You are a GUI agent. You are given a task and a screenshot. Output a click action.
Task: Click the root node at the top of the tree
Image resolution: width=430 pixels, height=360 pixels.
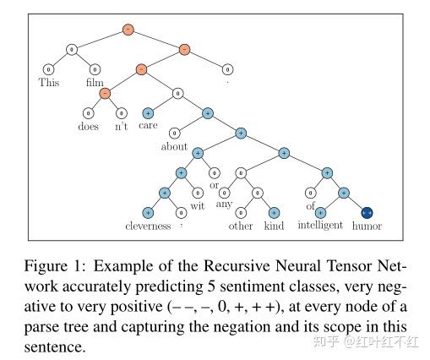pos(128,29)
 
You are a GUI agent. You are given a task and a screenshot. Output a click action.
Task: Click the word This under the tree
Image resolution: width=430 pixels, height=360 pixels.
pos(49,83)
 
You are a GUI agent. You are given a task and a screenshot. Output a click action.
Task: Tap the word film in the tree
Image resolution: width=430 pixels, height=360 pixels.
pos(95,83)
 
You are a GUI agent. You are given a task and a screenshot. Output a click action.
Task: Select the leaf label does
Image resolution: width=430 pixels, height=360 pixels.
pos(87,126)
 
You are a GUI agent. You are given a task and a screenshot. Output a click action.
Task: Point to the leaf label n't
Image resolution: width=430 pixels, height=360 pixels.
pos(122,126)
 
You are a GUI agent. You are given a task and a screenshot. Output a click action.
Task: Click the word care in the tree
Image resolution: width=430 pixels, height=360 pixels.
pos(149,126)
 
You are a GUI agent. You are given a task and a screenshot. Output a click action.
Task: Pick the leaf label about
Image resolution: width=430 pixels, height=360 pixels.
pos(174,145)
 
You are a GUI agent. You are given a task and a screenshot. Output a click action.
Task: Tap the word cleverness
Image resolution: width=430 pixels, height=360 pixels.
pos(149,226)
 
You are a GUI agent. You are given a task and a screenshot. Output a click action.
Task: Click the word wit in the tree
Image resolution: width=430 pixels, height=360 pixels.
pos(198,205)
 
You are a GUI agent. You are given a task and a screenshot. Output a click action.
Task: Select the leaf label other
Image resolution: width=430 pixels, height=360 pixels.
pos(241,226)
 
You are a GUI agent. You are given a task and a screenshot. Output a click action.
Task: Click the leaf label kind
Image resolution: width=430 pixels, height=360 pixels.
pos(275,226)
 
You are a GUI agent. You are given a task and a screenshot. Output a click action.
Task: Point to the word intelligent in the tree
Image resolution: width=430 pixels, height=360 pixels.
pos(319,226)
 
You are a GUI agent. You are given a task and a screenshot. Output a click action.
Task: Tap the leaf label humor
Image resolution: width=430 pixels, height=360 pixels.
pos(367,226)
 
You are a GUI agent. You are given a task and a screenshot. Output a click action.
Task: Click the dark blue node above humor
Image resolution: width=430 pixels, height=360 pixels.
pos(367,212)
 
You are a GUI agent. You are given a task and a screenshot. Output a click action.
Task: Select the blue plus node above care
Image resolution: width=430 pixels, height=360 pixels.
pos(149,112)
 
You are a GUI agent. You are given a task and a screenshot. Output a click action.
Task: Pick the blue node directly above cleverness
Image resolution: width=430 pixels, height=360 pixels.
pos(149,212)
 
